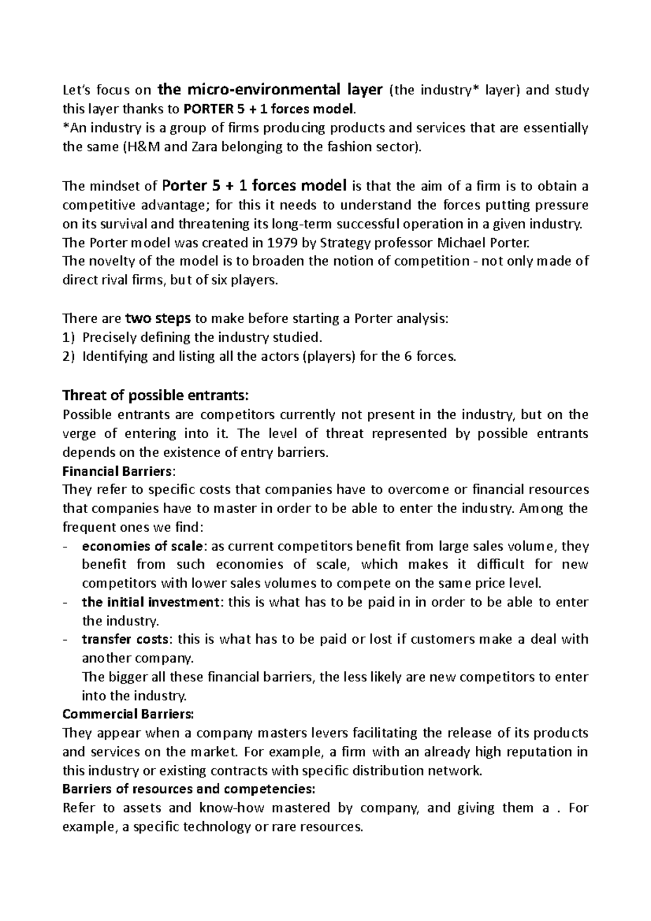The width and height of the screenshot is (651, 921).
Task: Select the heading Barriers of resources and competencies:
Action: [x=188, y=789]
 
